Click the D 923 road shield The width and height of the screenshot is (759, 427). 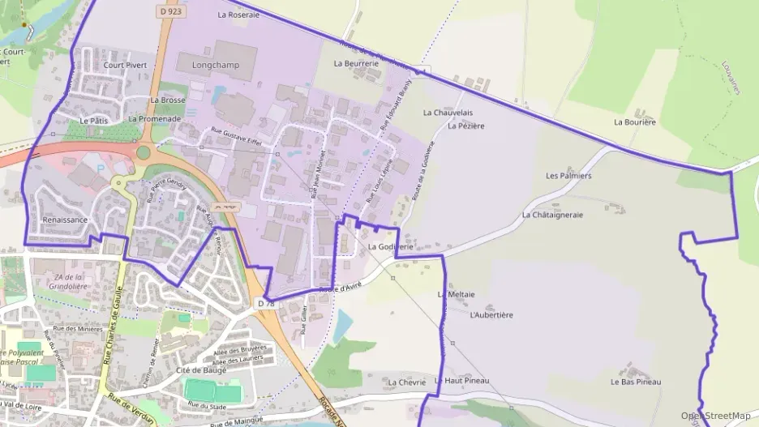coord(169,11)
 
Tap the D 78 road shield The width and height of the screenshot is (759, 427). coord(266,303)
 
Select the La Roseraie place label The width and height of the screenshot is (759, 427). coord(238,15)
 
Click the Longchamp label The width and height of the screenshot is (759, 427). coord(216,65)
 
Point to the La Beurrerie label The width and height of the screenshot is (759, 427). coord(357,62)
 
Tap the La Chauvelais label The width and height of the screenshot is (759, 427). coord(448,113)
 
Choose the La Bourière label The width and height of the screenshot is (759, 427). coord(635,122)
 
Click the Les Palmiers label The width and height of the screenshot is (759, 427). coord(568,175)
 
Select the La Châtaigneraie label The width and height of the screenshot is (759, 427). coord(555,215)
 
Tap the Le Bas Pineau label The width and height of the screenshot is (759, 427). coord(636,382)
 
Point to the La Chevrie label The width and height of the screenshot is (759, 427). coord(406,382)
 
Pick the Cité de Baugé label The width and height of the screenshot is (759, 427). coord(200,370)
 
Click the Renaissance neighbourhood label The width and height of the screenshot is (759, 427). coord(64,220)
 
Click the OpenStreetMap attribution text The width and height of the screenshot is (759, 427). coord(716,416)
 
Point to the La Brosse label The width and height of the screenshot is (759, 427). coord(168,100)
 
